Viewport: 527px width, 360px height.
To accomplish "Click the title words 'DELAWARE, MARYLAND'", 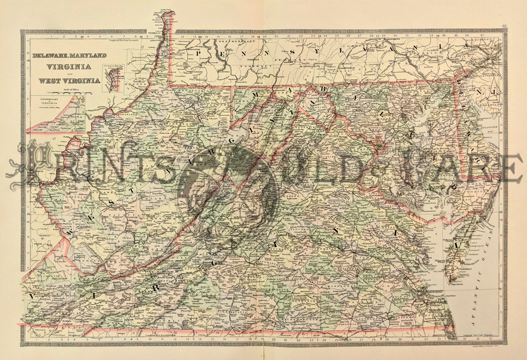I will coord(70,55).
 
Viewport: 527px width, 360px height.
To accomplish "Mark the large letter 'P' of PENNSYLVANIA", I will coord(201,53).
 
